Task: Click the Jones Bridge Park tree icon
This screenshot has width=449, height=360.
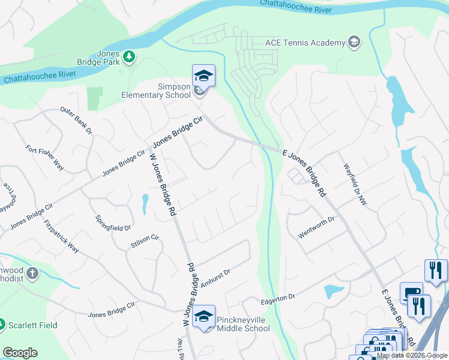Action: [129, 56]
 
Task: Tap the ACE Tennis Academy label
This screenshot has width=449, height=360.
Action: [305, 43]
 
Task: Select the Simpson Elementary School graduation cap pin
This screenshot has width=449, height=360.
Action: [203, 76]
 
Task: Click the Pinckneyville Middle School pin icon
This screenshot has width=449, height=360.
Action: [204, 316]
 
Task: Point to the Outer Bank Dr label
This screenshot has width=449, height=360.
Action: [76, 121]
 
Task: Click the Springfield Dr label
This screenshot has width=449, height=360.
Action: [113, 220]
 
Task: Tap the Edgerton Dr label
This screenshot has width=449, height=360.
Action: [278, 297]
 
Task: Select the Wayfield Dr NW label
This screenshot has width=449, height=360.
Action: [354, 185]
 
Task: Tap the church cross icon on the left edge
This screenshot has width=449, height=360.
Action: [32, 274]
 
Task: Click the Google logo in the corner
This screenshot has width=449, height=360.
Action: [20, 353]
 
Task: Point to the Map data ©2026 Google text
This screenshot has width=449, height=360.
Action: [412, 355]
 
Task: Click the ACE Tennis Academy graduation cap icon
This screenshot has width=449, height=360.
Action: [354, 42]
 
